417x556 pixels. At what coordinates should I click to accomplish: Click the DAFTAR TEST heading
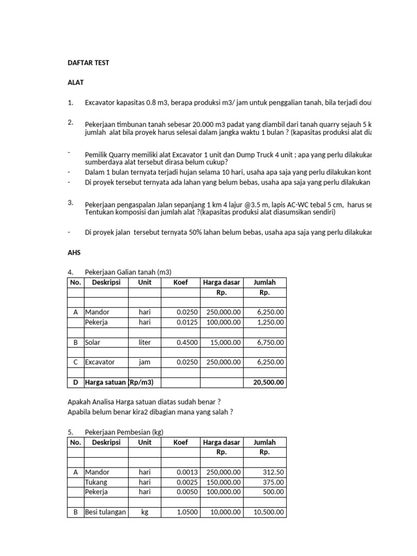(88, 63)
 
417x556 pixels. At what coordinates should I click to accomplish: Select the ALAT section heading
(76, 83)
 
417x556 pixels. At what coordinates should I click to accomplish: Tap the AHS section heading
(74, 253)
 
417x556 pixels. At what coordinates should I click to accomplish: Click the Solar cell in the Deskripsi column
(93, 343)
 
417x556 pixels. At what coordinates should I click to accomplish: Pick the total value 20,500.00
(268, 383)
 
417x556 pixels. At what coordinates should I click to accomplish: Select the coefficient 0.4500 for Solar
(187, 343)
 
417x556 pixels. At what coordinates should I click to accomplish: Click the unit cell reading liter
(144, 343)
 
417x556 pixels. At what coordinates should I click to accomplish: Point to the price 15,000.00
(224, 343)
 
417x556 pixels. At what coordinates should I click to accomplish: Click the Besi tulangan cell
(105, 513)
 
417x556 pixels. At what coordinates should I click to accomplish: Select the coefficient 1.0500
(187, 513)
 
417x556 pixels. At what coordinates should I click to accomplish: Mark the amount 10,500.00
(268, 513)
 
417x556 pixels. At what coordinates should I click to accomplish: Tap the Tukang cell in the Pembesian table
(96, 482)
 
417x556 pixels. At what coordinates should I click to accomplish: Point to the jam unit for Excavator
(144, 362)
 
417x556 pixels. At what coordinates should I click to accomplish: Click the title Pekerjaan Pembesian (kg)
(124, 432)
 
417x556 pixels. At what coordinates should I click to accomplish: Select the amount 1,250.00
(270, 323)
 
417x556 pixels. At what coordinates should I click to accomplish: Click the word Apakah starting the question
(80, 402)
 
